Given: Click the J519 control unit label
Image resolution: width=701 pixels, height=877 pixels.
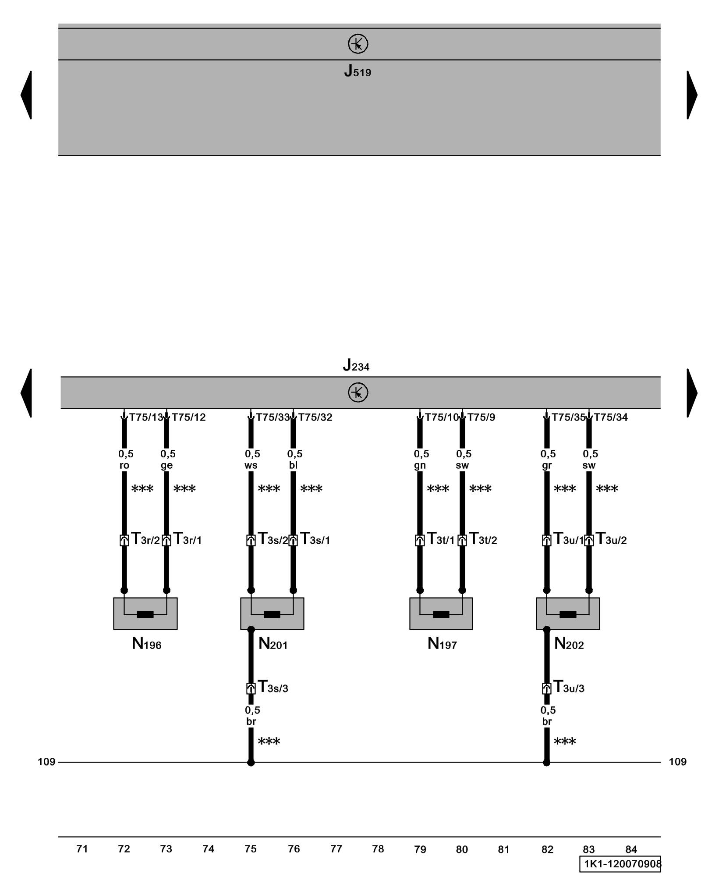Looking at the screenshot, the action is click(358, 71).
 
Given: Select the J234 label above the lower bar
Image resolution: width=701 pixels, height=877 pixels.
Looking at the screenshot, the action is click(356, 365).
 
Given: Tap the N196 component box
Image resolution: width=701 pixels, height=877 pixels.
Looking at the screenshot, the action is click(145, 613).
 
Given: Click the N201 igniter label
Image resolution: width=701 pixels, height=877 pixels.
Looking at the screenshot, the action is click(273, 644).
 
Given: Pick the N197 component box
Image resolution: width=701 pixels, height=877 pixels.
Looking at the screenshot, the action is click(441, 613).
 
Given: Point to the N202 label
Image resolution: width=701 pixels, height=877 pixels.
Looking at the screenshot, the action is click(569, 644).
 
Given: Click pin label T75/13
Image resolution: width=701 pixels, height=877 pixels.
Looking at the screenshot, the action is click(146, 417).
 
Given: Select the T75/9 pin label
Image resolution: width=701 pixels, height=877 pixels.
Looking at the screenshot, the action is click(481, 417).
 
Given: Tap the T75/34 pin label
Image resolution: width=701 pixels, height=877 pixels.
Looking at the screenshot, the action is click(611, 417).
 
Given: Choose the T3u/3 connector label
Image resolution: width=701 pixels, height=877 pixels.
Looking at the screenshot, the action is click(569, 687).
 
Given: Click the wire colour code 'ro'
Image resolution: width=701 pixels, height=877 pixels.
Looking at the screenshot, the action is click(124, 465).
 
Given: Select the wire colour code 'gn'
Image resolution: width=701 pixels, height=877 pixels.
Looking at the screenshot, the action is click(420, 465).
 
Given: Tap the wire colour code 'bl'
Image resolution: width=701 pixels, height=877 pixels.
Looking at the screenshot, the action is click(293, 465).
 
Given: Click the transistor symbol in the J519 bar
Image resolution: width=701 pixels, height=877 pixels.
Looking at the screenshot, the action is click(358, 44).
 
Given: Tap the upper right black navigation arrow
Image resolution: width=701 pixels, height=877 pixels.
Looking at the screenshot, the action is click(691, 95).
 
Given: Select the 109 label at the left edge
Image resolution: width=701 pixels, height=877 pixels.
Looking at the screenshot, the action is click(46, 762).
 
